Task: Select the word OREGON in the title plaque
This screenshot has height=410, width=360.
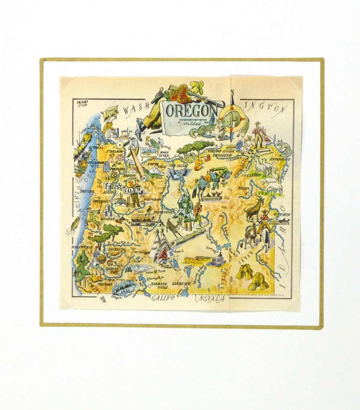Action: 191,111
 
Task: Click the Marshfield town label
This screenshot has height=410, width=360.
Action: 82,247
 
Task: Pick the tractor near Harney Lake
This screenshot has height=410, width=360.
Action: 217,260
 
